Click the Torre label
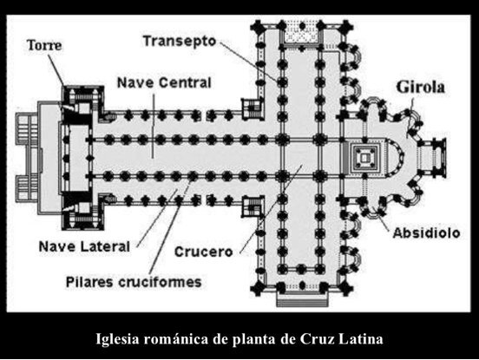click(x=44, y=45)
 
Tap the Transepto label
click(x=180, y=42)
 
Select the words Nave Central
click(x=164, y=82)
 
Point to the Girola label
click(x=420, y=87)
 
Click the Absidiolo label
click(x=426, y=233)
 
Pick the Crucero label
click(x=203, y=252)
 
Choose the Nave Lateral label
click(x=84, y=246)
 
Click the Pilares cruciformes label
click(x=134, y=282)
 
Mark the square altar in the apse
click(x=364, y=158)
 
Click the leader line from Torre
click(x=56, y=69)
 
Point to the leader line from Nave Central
click(x=153, y=126)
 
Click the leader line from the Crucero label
click(x=272, y=209)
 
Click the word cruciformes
click(x=160, y=282)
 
